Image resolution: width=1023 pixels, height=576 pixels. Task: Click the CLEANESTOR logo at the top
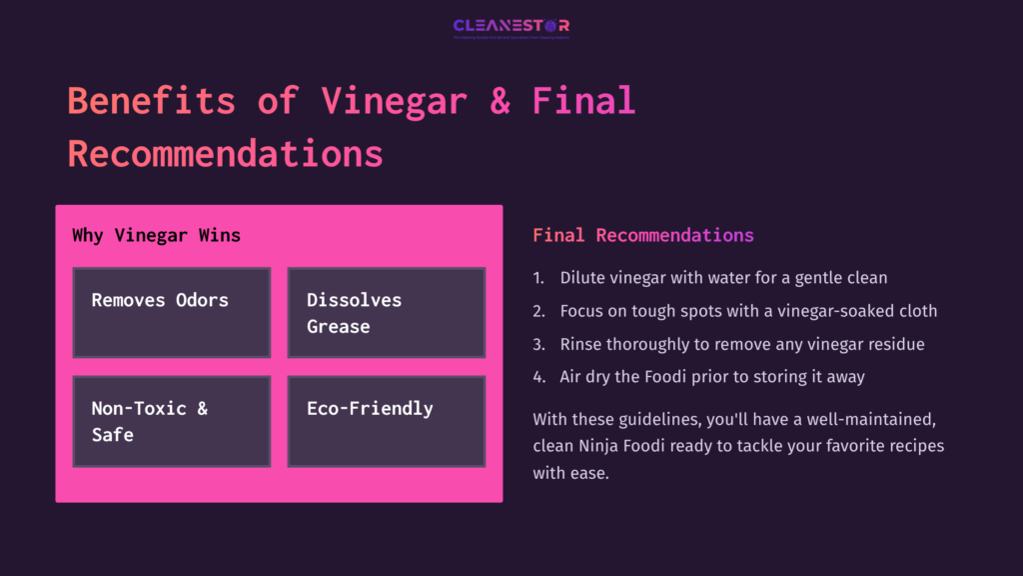(x=511, y=26)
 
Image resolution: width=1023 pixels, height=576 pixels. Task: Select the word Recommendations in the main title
(x=225, y=154)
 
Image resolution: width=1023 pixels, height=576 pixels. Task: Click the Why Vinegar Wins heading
(x=156, y=236)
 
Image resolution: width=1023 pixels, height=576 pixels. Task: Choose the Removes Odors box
(x=172, y=312)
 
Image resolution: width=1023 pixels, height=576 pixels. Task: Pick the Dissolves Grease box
(x=386, y=312)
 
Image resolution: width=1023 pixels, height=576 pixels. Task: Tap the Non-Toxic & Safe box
(x=172, y=420)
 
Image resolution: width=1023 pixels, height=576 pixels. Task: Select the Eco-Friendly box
(x=386, y=420)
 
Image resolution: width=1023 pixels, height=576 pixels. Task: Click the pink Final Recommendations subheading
(x=642, y=236)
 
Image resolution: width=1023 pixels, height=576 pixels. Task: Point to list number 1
(x=538, y=277)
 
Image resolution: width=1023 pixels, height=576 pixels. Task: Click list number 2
(x=538, y=311)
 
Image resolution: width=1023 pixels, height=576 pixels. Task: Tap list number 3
(x=538, y=344)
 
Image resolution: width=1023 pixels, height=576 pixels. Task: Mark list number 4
(x=538, y=377)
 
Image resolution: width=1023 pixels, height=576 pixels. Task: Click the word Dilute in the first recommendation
(x=581, y=277)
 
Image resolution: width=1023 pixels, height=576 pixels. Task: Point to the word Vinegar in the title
(x=394, y=101)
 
